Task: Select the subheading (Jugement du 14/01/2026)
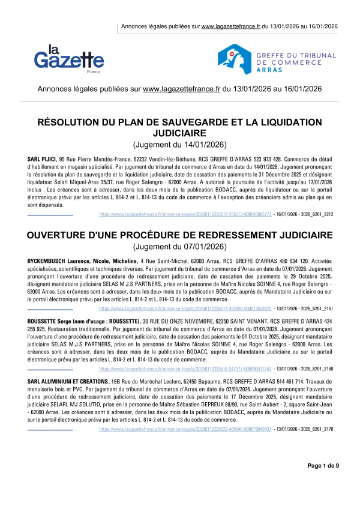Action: tap(180, 145)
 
